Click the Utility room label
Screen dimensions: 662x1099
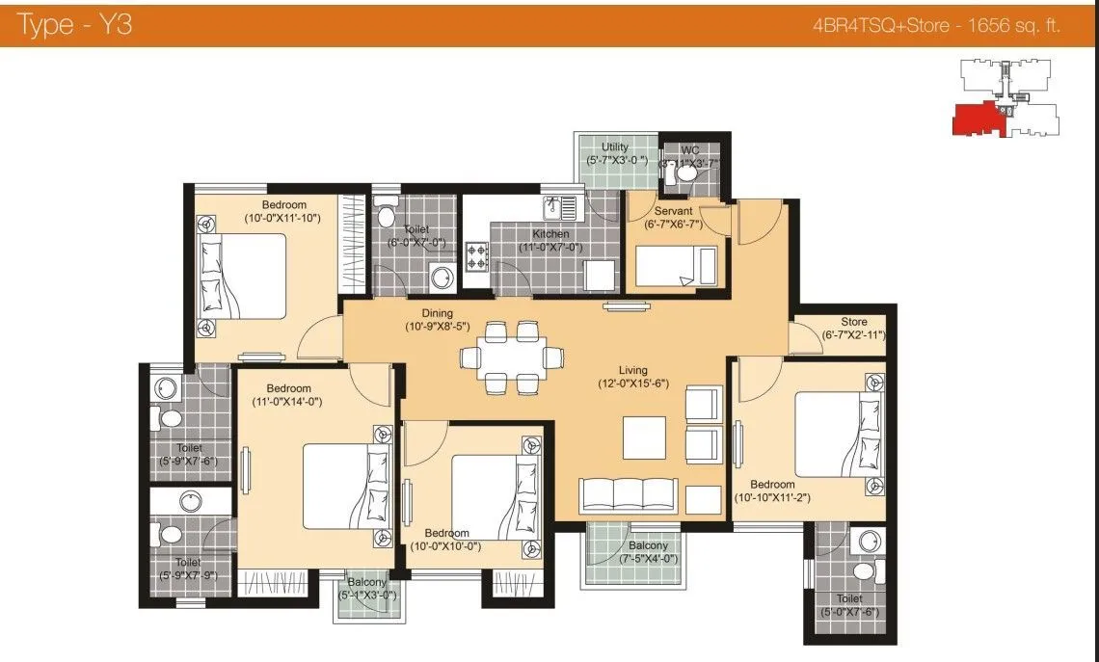coord(615,147)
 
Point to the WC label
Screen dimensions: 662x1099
coord(690,150)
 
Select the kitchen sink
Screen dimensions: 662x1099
coord(560,206)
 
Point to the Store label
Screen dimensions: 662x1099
coord(853,322)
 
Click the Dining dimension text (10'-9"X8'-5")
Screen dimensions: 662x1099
coord(437,327)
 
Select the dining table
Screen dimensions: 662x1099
coord(511,357)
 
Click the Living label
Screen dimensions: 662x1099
coord(633,370)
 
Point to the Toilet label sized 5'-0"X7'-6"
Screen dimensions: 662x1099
coord(849,598)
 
